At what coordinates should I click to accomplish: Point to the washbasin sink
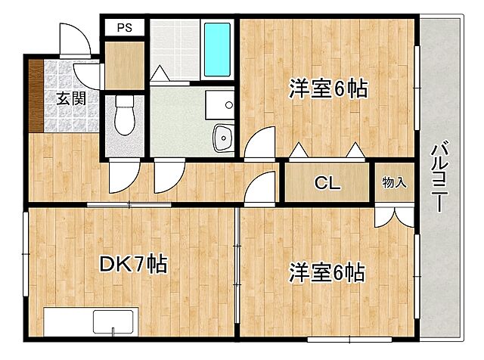[x=224, y=138]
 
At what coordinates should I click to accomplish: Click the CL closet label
[x=327, y=184]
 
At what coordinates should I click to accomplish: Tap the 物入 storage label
[x=395, y=182]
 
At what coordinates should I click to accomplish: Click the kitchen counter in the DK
[x=89, y=321]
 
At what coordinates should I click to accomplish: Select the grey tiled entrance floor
[x=64, y=79]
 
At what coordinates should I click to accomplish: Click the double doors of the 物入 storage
[x=393, y=213]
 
